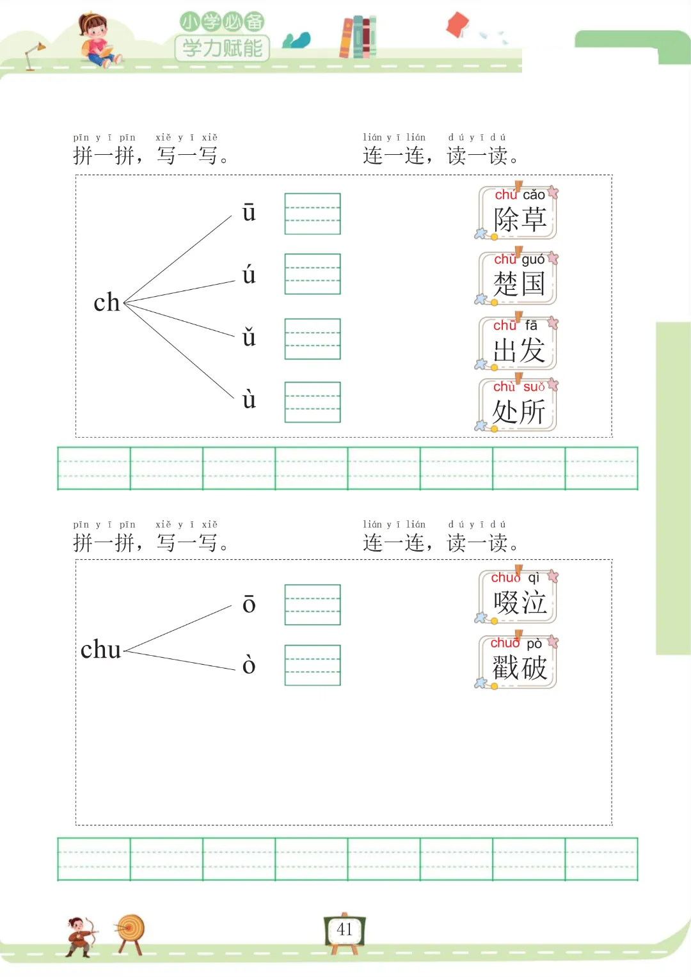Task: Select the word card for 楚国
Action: [518, 278]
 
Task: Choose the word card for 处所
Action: [518, 405]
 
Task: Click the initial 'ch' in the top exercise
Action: [107, 303]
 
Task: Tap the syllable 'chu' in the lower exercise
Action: [101, 650]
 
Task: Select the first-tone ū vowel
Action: [249, 212]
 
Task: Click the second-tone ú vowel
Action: [249, 275]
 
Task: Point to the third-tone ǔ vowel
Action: [249, 337]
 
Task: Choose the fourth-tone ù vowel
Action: [249, 399]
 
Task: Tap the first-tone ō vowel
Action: [249, 604]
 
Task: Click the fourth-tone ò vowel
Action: [249, 665]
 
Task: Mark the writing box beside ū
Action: [312, 214]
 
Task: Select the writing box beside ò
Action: [312, 665]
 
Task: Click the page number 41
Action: [345, 930]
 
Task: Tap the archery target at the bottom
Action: [131, 931]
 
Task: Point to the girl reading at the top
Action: [97, 40]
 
